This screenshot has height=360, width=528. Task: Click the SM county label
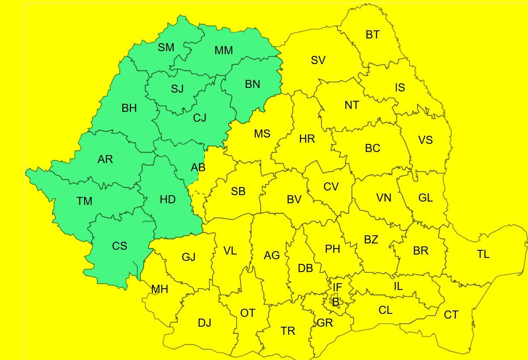pos(166,47)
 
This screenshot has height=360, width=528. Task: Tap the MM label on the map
pos(223,50)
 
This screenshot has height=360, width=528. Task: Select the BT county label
pos(373,35)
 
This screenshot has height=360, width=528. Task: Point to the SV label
pos(318,60)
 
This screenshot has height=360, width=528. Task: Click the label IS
pos(400,88)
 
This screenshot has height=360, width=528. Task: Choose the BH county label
pos(129,108)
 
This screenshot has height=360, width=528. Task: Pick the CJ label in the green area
pos(199,118)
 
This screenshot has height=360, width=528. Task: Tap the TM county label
pos(84,201)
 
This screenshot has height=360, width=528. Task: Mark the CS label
pos(120,246)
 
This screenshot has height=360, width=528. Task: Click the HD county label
pos(167,199)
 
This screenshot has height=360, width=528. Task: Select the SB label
pos(238,192)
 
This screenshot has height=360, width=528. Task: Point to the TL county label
pos(483,254)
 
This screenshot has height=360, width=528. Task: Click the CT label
pos(451,315)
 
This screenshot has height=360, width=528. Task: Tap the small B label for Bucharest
pos(336,302)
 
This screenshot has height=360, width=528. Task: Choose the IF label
pos(337,287)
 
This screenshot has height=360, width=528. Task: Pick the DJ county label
pos(205,323)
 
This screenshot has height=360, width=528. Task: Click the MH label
pos(160,289)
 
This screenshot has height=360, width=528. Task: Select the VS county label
pos(425,140)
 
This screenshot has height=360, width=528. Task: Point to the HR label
pos(307,139)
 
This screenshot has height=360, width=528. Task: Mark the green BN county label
pos(252,84)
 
